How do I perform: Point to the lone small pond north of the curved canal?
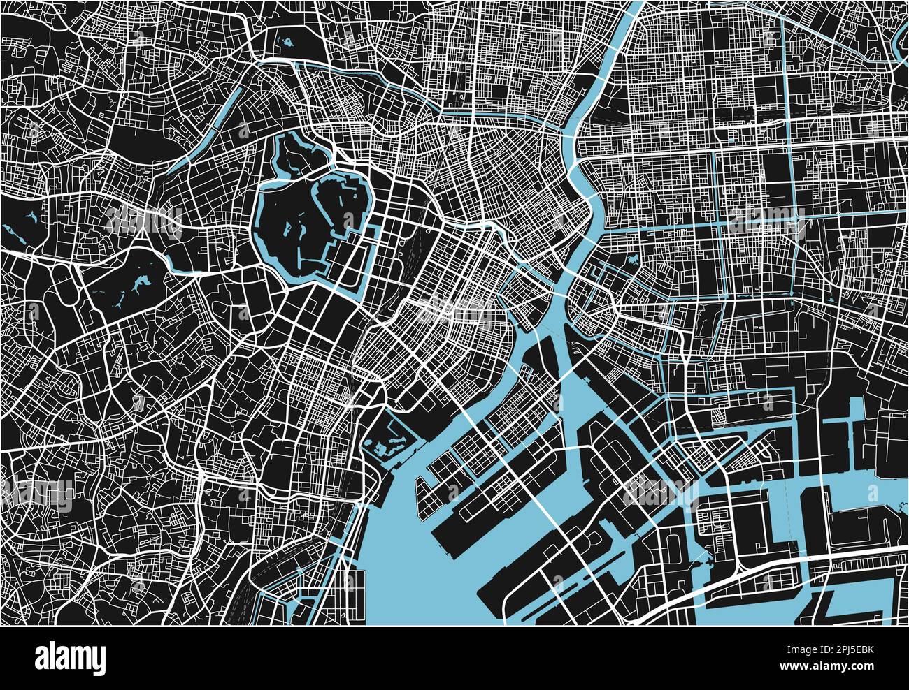(x=286, y=43)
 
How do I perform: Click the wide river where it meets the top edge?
(x=633, y=8)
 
